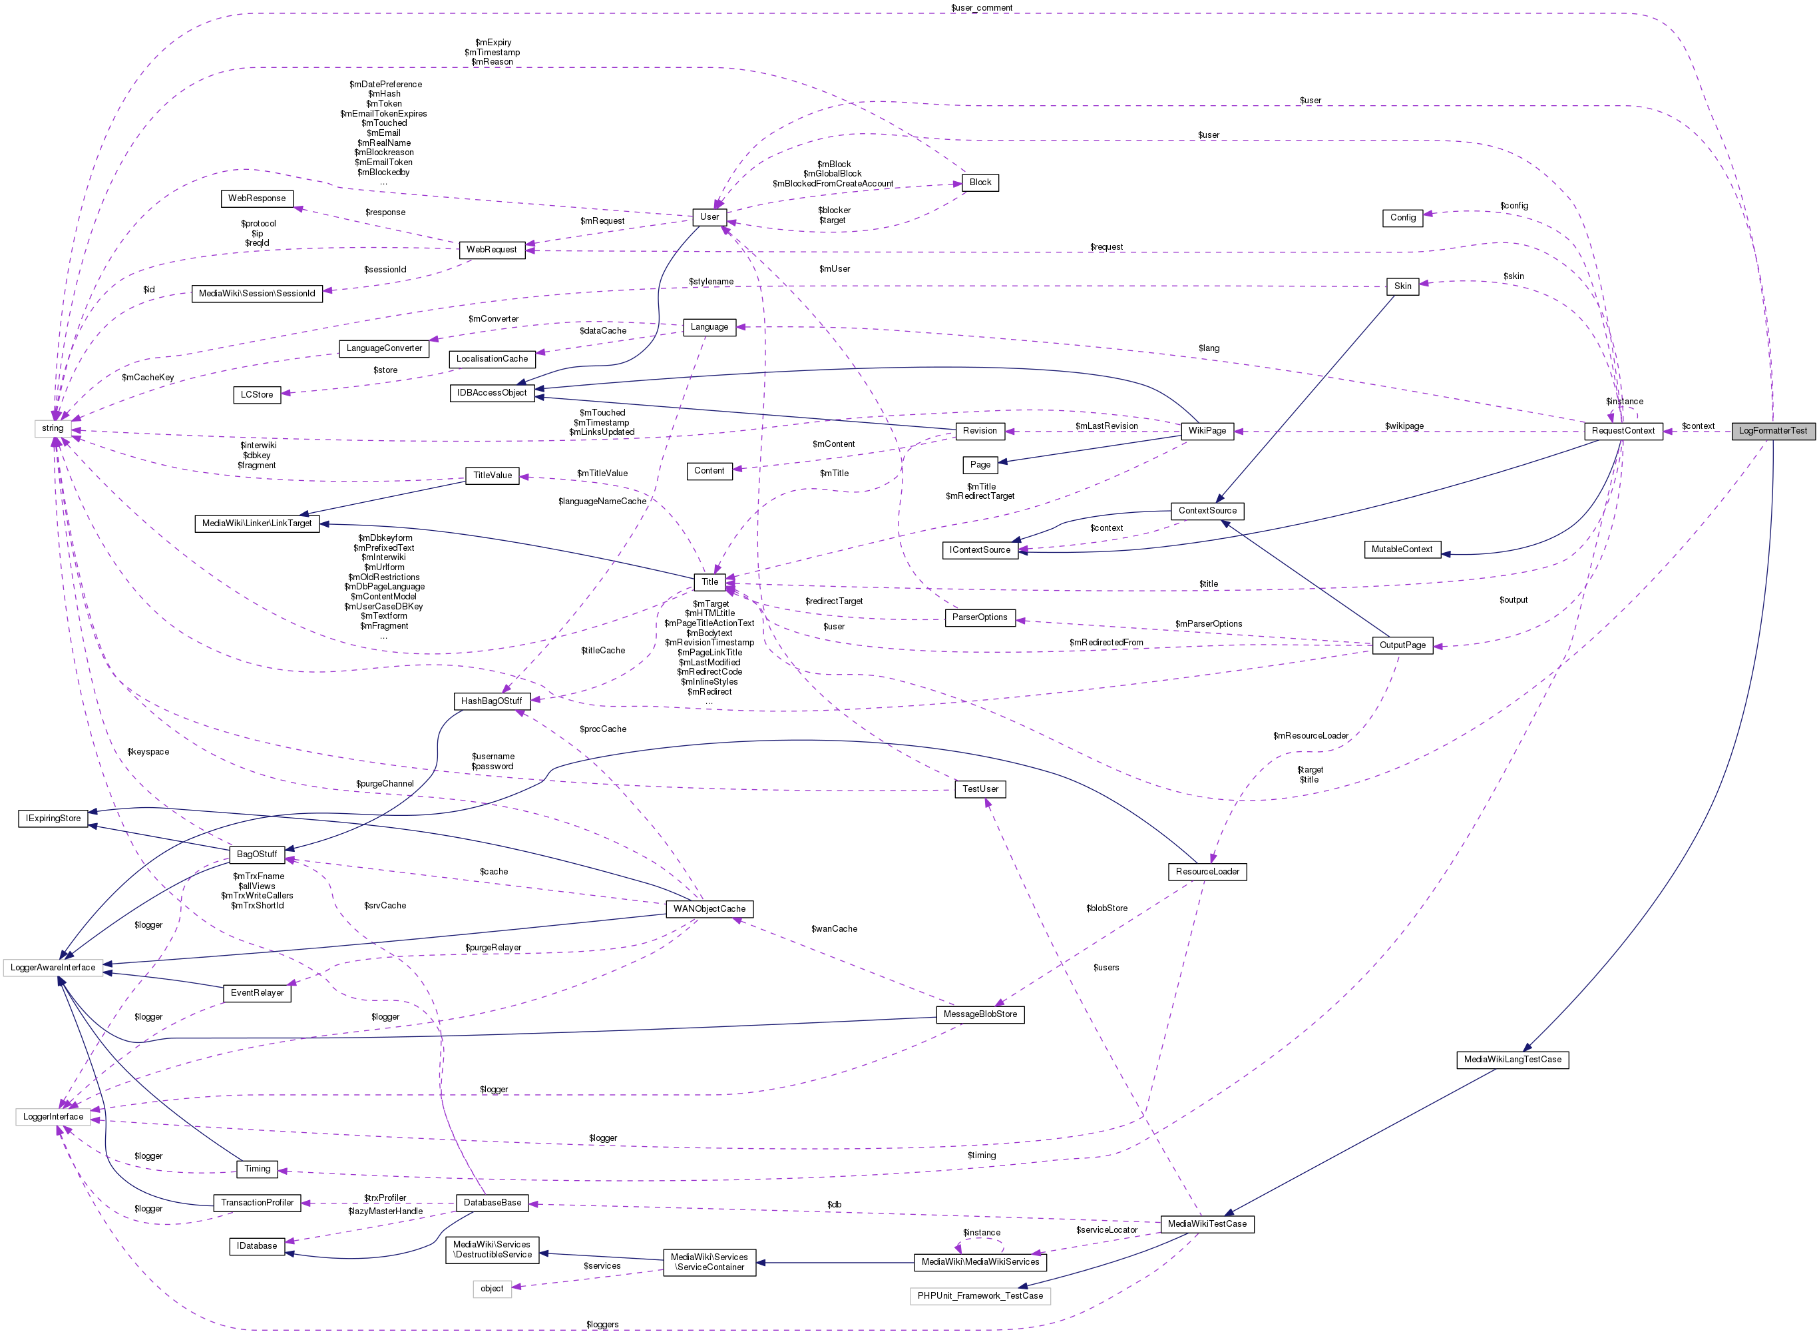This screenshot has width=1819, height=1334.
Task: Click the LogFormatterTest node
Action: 1772,431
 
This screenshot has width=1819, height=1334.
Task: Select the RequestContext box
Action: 1623,431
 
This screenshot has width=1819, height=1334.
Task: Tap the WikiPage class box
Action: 1207,431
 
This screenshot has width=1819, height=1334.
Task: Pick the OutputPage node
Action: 1402,645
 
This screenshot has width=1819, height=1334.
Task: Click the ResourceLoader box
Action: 1207,872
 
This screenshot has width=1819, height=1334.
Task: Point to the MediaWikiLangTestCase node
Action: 1512,1060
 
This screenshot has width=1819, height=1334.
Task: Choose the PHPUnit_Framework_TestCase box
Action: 980,1296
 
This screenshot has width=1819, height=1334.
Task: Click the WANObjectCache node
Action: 709,909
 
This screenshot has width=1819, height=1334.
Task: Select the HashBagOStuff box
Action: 491,701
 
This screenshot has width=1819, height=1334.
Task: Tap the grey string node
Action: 53,429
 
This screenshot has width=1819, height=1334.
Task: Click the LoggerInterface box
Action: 53,1117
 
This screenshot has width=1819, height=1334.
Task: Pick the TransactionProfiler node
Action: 258,1203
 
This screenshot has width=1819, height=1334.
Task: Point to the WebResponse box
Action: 257,198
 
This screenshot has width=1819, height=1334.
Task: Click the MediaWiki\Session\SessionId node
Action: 257,294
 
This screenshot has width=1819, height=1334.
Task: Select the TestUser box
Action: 980,789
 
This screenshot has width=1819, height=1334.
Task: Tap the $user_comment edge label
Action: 981,8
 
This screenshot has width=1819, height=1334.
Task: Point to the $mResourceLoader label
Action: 1311,736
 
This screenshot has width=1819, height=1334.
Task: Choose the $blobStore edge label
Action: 1106,908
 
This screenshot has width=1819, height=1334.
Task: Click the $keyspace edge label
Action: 148,752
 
